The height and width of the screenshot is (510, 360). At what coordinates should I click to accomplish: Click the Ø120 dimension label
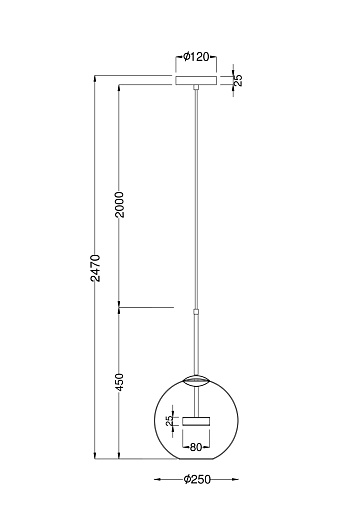tap(196, 57)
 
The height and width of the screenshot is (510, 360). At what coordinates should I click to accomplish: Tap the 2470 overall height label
tap(96, 268)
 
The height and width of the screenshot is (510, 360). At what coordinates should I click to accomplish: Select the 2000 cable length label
tap(119, 204)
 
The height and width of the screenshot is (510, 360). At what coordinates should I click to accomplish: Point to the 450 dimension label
tap(119, 382)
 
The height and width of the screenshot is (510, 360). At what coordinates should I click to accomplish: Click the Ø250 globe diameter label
tap(197, 479)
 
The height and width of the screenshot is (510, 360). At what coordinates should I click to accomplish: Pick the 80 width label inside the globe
tap(196, 447)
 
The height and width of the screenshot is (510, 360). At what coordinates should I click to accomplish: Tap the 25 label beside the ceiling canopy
tap(238, 80)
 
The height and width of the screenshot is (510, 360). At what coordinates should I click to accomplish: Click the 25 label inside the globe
tap(170, 420)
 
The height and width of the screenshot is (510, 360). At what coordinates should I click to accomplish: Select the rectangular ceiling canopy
tap(196, 80)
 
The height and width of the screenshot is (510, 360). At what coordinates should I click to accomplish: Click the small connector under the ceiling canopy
tap(196, 87)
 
